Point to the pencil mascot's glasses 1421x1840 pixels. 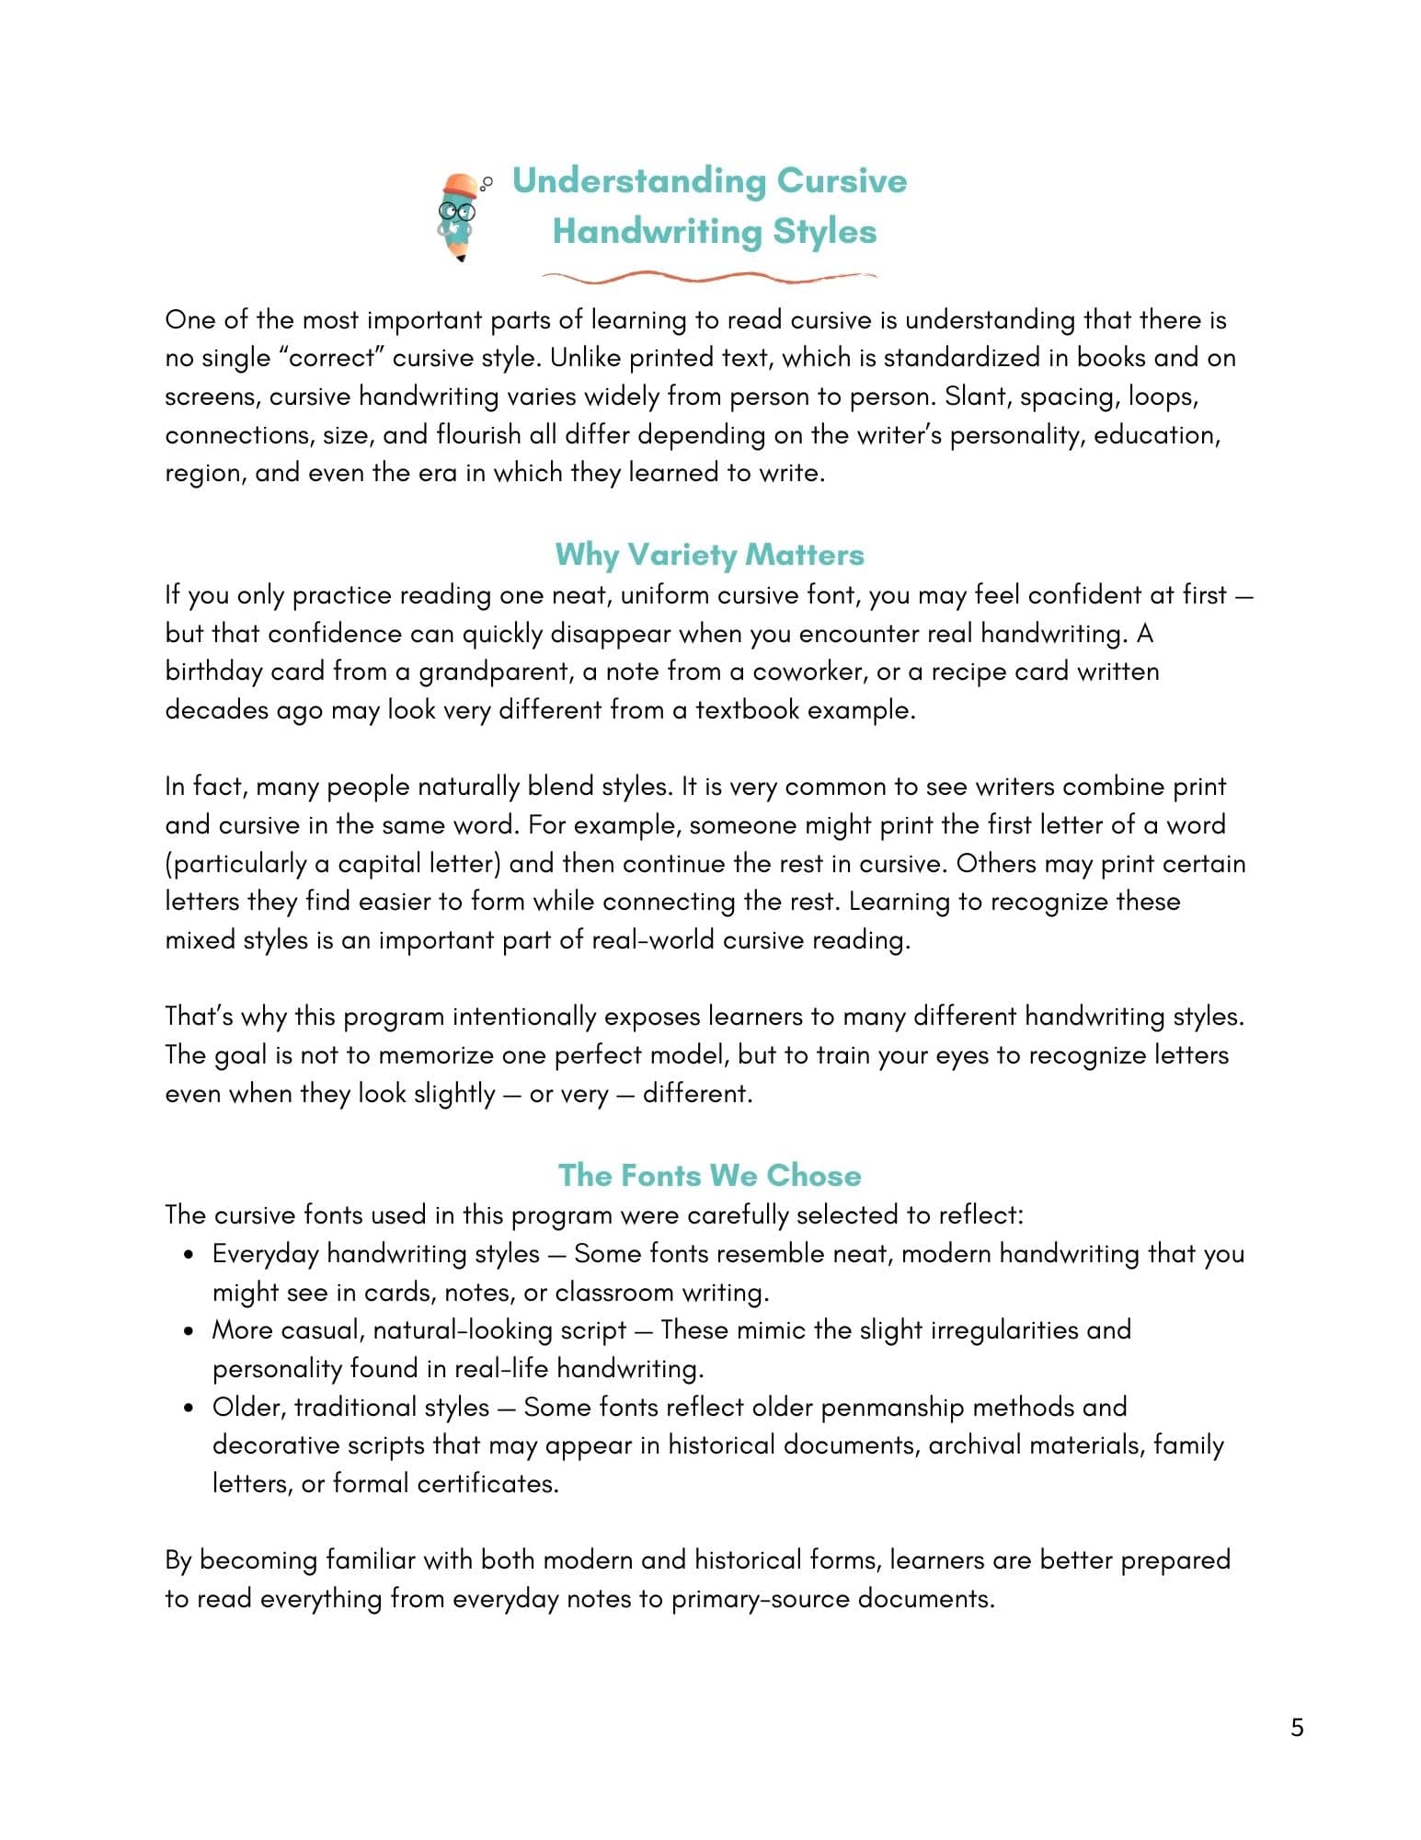coord(455,212)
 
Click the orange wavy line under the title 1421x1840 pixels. coord(709,276)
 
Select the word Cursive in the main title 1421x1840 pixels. coord(842,181)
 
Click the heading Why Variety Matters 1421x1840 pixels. coord(709,555)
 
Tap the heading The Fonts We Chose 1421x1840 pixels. coord(709,1175)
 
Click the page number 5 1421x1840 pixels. coord(1297,1727)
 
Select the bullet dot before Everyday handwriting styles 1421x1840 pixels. coord(189,1255)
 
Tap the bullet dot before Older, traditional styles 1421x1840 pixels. coord(189,1408)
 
